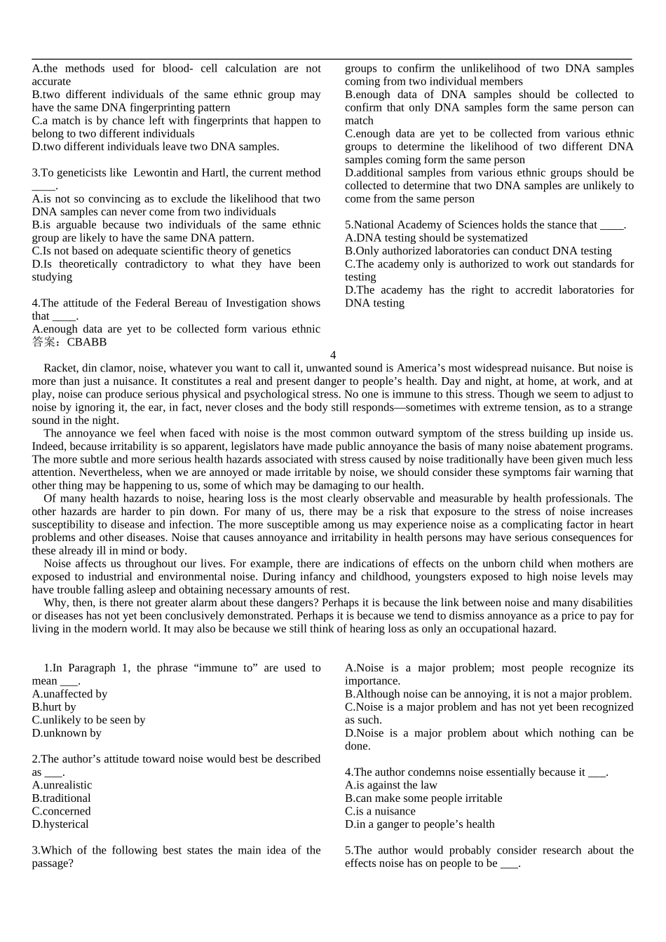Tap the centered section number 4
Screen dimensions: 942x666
pos(333,355)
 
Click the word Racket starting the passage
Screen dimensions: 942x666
pos(60,368)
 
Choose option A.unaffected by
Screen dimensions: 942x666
pos(69,694)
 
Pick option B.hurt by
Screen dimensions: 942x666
pos(54,707)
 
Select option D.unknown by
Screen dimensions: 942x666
pos(67,733)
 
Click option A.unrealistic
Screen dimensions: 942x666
pos(62,786)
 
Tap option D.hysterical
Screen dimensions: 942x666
pos(60,825)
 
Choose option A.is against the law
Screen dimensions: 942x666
pos(390,786)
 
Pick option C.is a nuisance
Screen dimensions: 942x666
pos(380,812)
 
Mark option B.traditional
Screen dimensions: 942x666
pos(61,798)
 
